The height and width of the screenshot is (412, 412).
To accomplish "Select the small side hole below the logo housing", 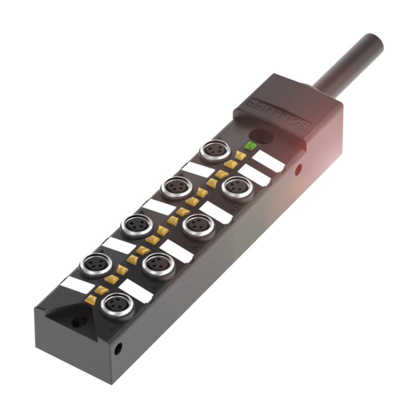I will coord(298,169).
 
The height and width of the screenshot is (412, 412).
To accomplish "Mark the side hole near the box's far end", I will coord(118,349).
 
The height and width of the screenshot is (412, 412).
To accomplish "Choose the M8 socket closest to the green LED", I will coord(215,150).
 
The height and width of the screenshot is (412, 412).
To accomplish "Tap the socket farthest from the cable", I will coord(117,304).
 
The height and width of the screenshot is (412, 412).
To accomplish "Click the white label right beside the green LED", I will coord(268,162).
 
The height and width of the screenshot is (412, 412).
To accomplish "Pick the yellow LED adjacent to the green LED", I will coord(241,155).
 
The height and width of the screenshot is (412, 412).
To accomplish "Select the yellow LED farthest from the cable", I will coord(91,299).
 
